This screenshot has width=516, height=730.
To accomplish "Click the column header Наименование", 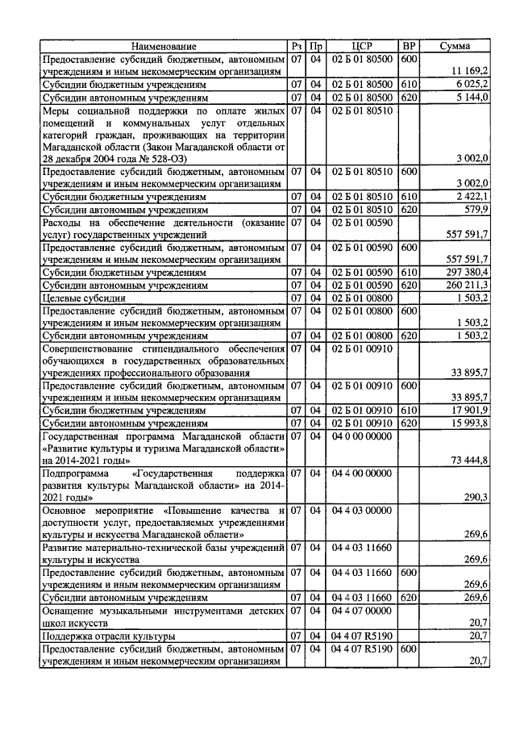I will point(164,46).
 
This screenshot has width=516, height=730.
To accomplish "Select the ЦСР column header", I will point(361,46).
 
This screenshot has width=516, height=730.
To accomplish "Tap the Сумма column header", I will point(456,46).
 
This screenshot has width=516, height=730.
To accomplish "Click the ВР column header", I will point(410,46).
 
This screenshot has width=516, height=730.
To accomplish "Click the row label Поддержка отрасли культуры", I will point(109,636).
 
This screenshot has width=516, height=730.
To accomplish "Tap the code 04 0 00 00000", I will point(361,436).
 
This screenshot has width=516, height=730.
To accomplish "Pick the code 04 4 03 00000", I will point(361,511).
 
